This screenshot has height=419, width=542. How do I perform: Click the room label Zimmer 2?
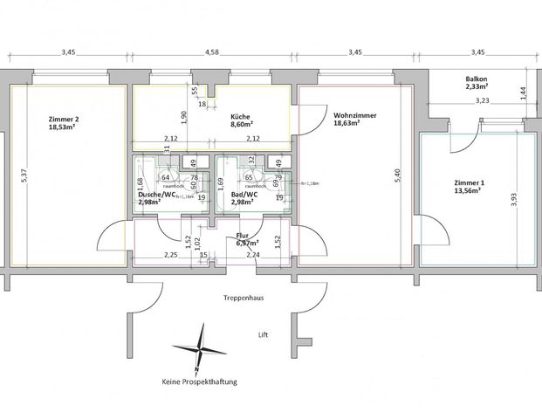[65, 119]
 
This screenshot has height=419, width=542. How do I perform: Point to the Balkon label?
[477, 78]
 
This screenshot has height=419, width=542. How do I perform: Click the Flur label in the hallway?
[244, 236]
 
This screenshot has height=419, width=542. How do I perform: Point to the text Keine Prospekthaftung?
[200, 381]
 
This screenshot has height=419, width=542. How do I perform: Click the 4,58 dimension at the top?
[211, 53]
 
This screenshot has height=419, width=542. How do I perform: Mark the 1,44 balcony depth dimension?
[524, 90]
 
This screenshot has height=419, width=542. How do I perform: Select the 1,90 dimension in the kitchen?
[172, 115]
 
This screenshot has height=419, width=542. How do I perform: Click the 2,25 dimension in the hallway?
[171, 255]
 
